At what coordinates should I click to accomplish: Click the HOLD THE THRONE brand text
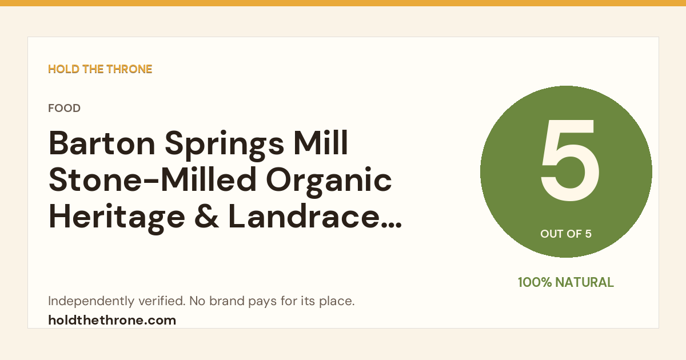(x=100, y=69)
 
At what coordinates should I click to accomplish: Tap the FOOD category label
(x=64, y=108)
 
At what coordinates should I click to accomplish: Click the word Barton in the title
(x=102, y=143)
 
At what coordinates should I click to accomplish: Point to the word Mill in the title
(x=321, y=143)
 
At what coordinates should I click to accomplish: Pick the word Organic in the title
(x=329, y=182)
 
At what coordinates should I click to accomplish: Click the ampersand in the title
(x=207, y=216)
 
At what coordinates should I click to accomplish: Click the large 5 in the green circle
(x=570, y=160)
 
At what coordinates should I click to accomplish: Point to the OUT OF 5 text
(x=566, y=234)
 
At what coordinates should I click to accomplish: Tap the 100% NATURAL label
(x=566, y=282)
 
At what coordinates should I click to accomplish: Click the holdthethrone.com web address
(x=112, y=320)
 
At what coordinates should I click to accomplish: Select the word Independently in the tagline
(x=91, y=301)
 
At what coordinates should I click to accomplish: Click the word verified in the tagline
(x=162, y=301)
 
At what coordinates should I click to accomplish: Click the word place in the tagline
(x=337, y=301)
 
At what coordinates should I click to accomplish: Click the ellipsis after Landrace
(x=392, y=226)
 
